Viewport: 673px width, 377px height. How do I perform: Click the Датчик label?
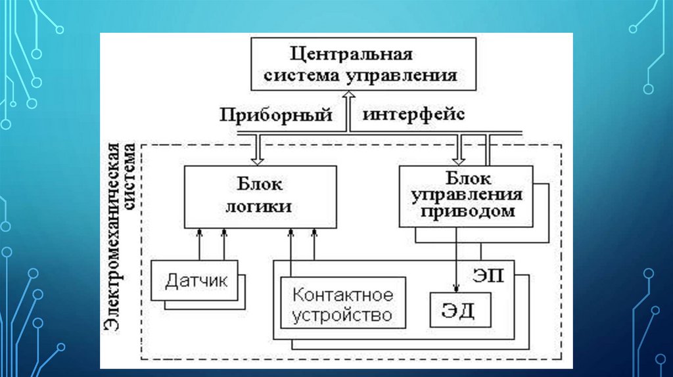[196, 282]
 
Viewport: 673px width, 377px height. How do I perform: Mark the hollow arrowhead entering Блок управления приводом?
[461, 158]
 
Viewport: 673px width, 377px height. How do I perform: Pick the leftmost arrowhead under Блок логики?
[199, 232]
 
